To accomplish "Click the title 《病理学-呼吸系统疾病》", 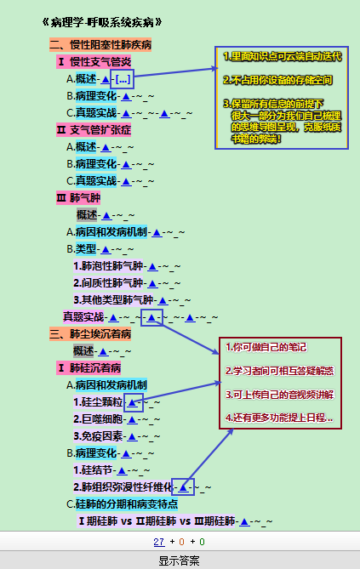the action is point(102,22).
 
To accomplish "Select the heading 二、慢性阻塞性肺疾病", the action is point(100,45).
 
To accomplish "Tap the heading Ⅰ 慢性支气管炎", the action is point(94,62).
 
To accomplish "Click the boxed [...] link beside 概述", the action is point(123,79).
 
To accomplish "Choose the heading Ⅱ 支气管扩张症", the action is point(94,130).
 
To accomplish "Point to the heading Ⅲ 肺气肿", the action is point(78,198).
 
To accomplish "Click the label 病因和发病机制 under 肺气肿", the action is point(111,232).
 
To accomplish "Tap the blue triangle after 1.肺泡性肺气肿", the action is point(152,267).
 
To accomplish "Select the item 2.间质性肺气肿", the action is point(108,283).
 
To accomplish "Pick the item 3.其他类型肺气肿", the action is point(113,300).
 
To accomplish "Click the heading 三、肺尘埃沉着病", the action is point(90,334).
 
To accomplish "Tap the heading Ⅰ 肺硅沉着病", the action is point(89,368).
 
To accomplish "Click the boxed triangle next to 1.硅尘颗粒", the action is point(134,402).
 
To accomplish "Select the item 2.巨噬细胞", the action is point(98,419).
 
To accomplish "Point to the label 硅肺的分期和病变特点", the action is point(127,504).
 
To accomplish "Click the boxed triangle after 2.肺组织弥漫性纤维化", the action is point(183,487).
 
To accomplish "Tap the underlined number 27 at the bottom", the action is point(159,542).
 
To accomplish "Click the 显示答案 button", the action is point(179,560).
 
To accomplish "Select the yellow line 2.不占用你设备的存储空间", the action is point(277,80).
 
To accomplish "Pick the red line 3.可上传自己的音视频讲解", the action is point(279,395).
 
